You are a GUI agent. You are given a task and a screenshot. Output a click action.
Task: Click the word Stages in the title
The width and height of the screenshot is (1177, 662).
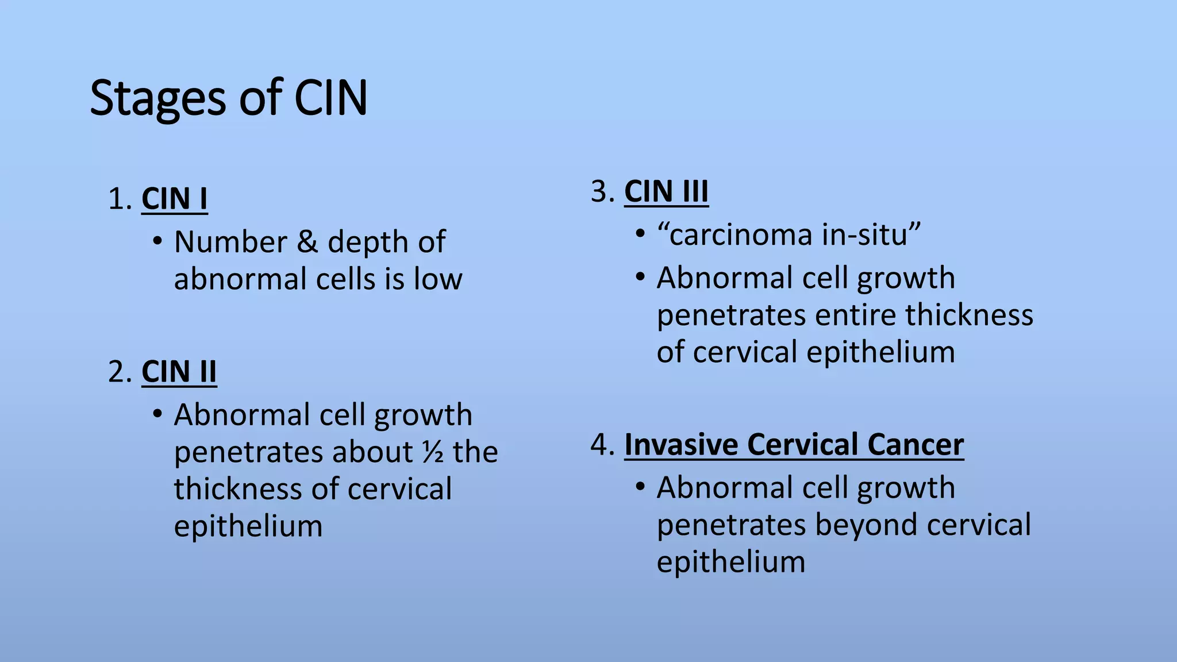pyautogui.click(x=158, y=99)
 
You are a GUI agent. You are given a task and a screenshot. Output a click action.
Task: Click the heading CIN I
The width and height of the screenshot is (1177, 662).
pyautogui.click(x=174, y=199)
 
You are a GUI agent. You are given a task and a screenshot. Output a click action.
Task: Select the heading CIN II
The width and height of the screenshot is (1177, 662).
pyautogui.click(x=179, y=372)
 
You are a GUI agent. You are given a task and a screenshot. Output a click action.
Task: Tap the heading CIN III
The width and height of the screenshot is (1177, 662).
pyautogui.click(x=666, y=191)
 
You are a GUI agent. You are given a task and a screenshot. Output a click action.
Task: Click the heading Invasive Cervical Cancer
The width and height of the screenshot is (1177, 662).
pyautogui.click(x=794, y=445)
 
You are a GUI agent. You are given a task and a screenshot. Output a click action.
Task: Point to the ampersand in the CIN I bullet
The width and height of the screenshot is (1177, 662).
pyautogui.click(x=307, y=242)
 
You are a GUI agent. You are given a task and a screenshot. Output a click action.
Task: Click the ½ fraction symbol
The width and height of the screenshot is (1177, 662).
pyautogui.click(x=433, y=452)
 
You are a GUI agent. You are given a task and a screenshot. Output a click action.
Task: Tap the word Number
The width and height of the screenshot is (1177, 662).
pyautogui.click(x=230, y=242)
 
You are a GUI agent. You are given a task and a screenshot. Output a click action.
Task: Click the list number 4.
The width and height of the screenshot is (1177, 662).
pyautogui.click(x=601, y=445)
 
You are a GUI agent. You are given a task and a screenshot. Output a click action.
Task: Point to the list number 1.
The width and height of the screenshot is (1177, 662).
pyautogui.click(x=118, y=199)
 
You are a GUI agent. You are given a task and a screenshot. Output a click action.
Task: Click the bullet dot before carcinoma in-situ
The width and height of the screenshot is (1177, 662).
pyautogui.click(x=640, y=234)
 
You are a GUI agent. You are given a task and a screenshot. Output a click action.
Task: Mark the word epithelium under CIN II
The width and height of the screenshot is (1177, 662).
pyautogui.click(x=248, y=526)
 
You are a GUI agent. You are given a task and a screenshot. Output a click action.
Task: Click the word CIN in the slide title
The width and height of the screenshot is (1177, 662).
pyautogui.click(x=330, y=99)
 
